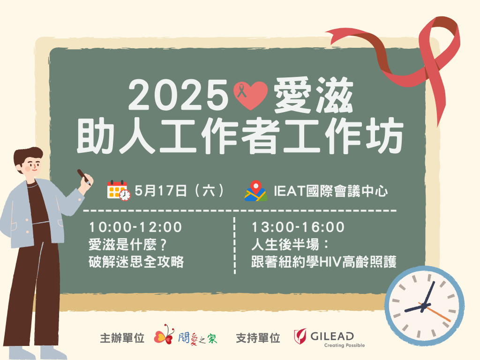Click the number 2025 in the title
[178, 95]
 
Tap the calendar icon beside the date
[119, 190]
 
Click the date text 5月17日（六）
[180, 191]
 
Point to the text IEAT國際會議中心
[330, 191]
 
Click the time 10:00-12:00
[135, 227]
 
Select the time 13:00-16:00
[298, 227]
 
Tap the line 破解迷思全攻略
[136, 262]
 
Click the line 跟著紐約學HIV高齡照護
[324, 262]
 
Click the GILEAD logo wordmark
[332, 336]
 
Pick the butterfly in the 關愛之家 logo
[165, 335]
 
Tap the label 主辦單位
[122, 338]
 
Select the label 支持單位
[258, 338]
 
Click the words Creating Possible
[345, 345]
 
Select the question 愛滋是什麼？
[128, 245]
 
